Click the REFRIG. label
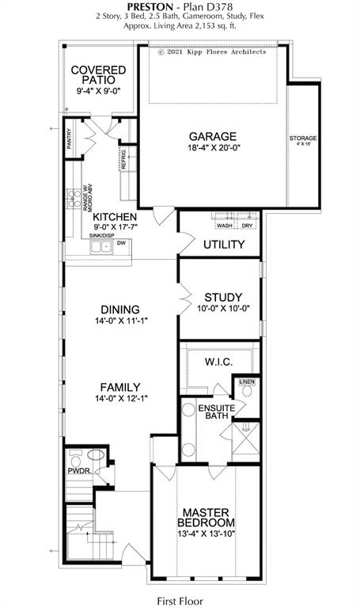click(x=124, y=159)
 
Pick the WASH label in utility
click(x=224, y=225)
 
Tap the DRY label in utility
click(x=246, y=225)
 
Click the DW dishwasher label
click(x=121, y=244)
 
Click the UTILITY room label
click(x=224, y=245)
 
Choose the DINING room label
click(x=120, y=310)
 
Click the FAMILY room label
click(x=120, y=387)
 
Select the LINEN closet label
click(x=247, y=383)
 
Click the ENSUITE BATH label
click(x=212, y=412)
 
